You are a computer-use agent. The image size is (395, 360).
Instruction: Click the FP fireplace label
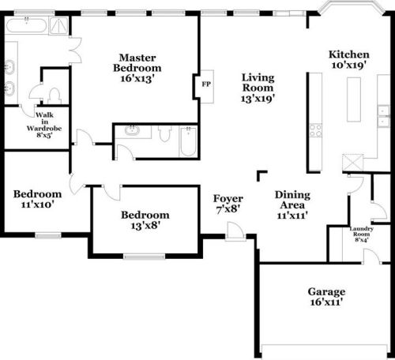(206, 84)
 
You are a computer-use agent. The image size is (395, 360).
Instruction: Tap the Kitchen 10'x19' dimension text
(348, 65)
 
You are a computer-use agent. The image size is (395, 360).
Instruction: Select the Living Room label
(258, 83)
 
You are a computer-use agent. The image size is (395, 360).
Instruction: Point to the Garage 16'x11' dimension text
(326, 302)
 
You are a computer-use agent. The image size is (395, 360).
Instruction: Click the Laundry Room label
(361, 231)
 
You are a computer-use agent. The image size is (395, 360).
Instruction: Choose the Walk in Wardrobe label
(44, 122)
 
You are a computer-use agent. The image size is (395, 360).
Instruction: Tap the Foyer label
(228, 199)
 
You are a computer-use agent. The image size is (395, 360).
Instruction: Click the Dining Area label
(292, 200)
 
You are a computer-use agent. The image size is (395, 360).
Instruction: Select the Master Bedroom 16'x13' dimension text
(137, 78)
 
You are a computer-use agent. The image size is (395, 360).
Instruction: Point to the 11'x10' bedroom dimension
(38, 204)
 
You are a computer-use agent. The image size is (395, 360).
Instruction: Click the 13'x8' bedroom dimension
(145, 226)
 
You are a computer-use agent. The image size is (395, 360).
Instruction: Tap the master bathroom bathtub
(26, 25)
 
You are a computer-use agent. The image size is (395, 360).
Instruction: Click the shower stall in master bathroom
(58, 26)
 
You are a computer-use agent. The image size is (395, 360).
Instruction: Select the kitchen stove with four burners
(315, 130)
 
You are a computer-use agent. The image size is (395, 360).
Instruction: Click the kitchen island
(354, 99)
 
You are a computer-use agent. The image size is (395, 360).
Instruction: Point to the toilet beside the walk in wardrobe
(55, 96)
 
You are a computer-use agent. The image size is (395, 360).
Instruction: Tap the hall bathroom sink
(132, 130)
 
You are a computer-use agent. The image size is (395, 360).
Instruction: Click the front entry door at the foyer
(235, 231)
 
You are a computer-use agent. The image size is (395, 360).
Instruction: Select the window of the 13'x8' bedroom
(144, 256)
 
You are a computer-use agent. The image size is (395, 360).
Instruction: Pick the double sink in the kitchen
(383, 116)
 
